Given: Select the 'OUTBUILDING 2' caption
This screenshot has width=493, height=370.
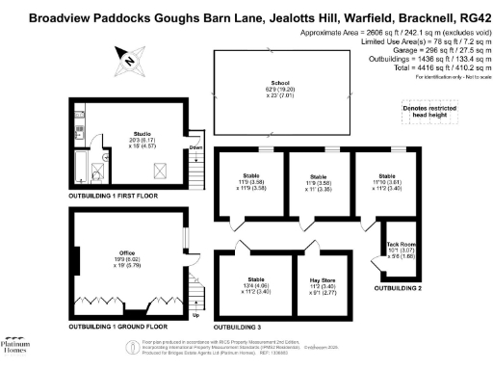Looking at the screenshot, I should [399, 288].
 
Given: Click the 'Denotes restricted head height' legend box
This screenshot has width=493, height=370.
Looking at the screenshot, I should [428, 115].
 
